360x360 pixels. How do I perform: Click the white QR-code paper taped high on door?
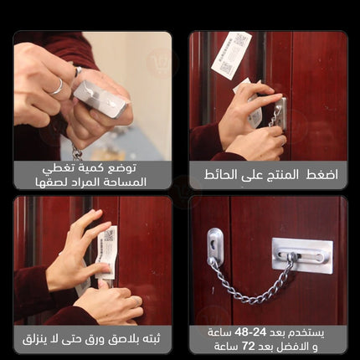231,55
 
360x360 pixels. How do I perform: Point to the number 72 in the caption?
248,346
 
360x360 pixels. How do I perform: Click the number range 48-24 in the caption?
251,332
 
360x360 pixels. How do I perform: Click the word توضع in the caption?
122,168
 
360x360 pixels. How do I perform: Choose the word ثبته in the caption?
150,339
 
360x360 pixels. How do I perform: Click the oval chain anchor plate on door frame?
214,246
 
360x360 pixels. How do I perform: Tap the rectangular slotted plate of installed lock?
302,255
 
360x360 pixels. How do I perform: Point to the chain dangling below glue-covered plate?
77,153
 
